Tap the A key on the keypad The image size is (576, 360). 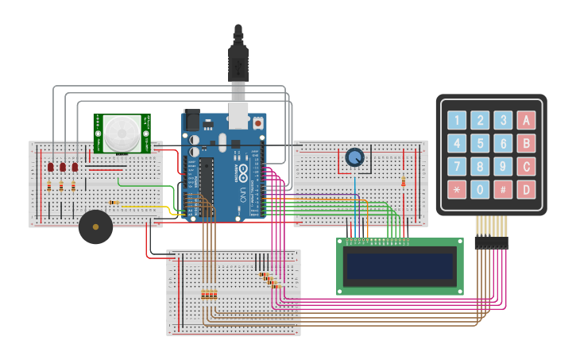525,120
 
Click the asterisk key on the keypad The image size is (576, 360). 456,190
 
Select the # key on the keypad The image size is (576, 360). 502,190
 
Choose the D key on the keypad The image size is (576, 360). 525,190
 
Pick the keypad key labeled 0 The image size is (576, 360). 479,190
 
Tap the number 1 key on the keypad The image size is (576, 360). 456,120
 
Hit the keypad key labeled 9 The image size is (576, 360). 502,167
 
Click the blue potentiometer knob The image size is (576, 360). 354,158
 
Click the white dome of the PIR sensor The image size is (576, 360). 122,133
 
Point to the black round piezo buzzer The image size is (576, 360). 95,227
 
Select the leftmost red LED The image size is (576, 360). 50,167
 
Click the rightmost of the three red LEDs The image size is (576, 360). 75,167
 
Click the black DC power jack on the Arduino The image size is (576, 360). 191,120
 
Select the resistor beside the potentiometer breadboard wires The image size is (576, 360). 404,181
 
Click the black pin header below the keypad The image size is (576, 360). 491,243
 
